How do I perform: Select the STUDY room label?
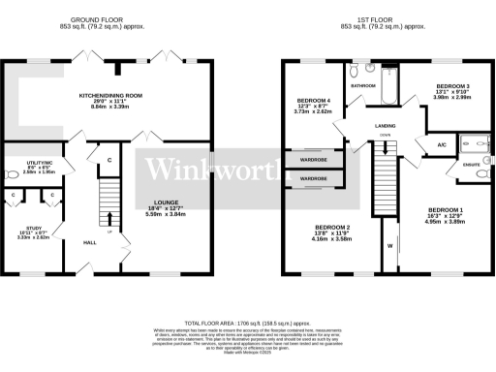pos(32,228)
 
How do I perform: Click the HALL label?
pos(89,242)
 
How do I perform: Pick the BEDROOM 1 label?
pos(446,210)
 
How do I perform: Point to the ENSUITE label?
pos(473,166)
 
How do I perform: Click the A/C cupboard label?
pos(442,144)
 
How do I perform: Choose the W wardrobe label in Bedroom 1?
pos(390,246)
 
